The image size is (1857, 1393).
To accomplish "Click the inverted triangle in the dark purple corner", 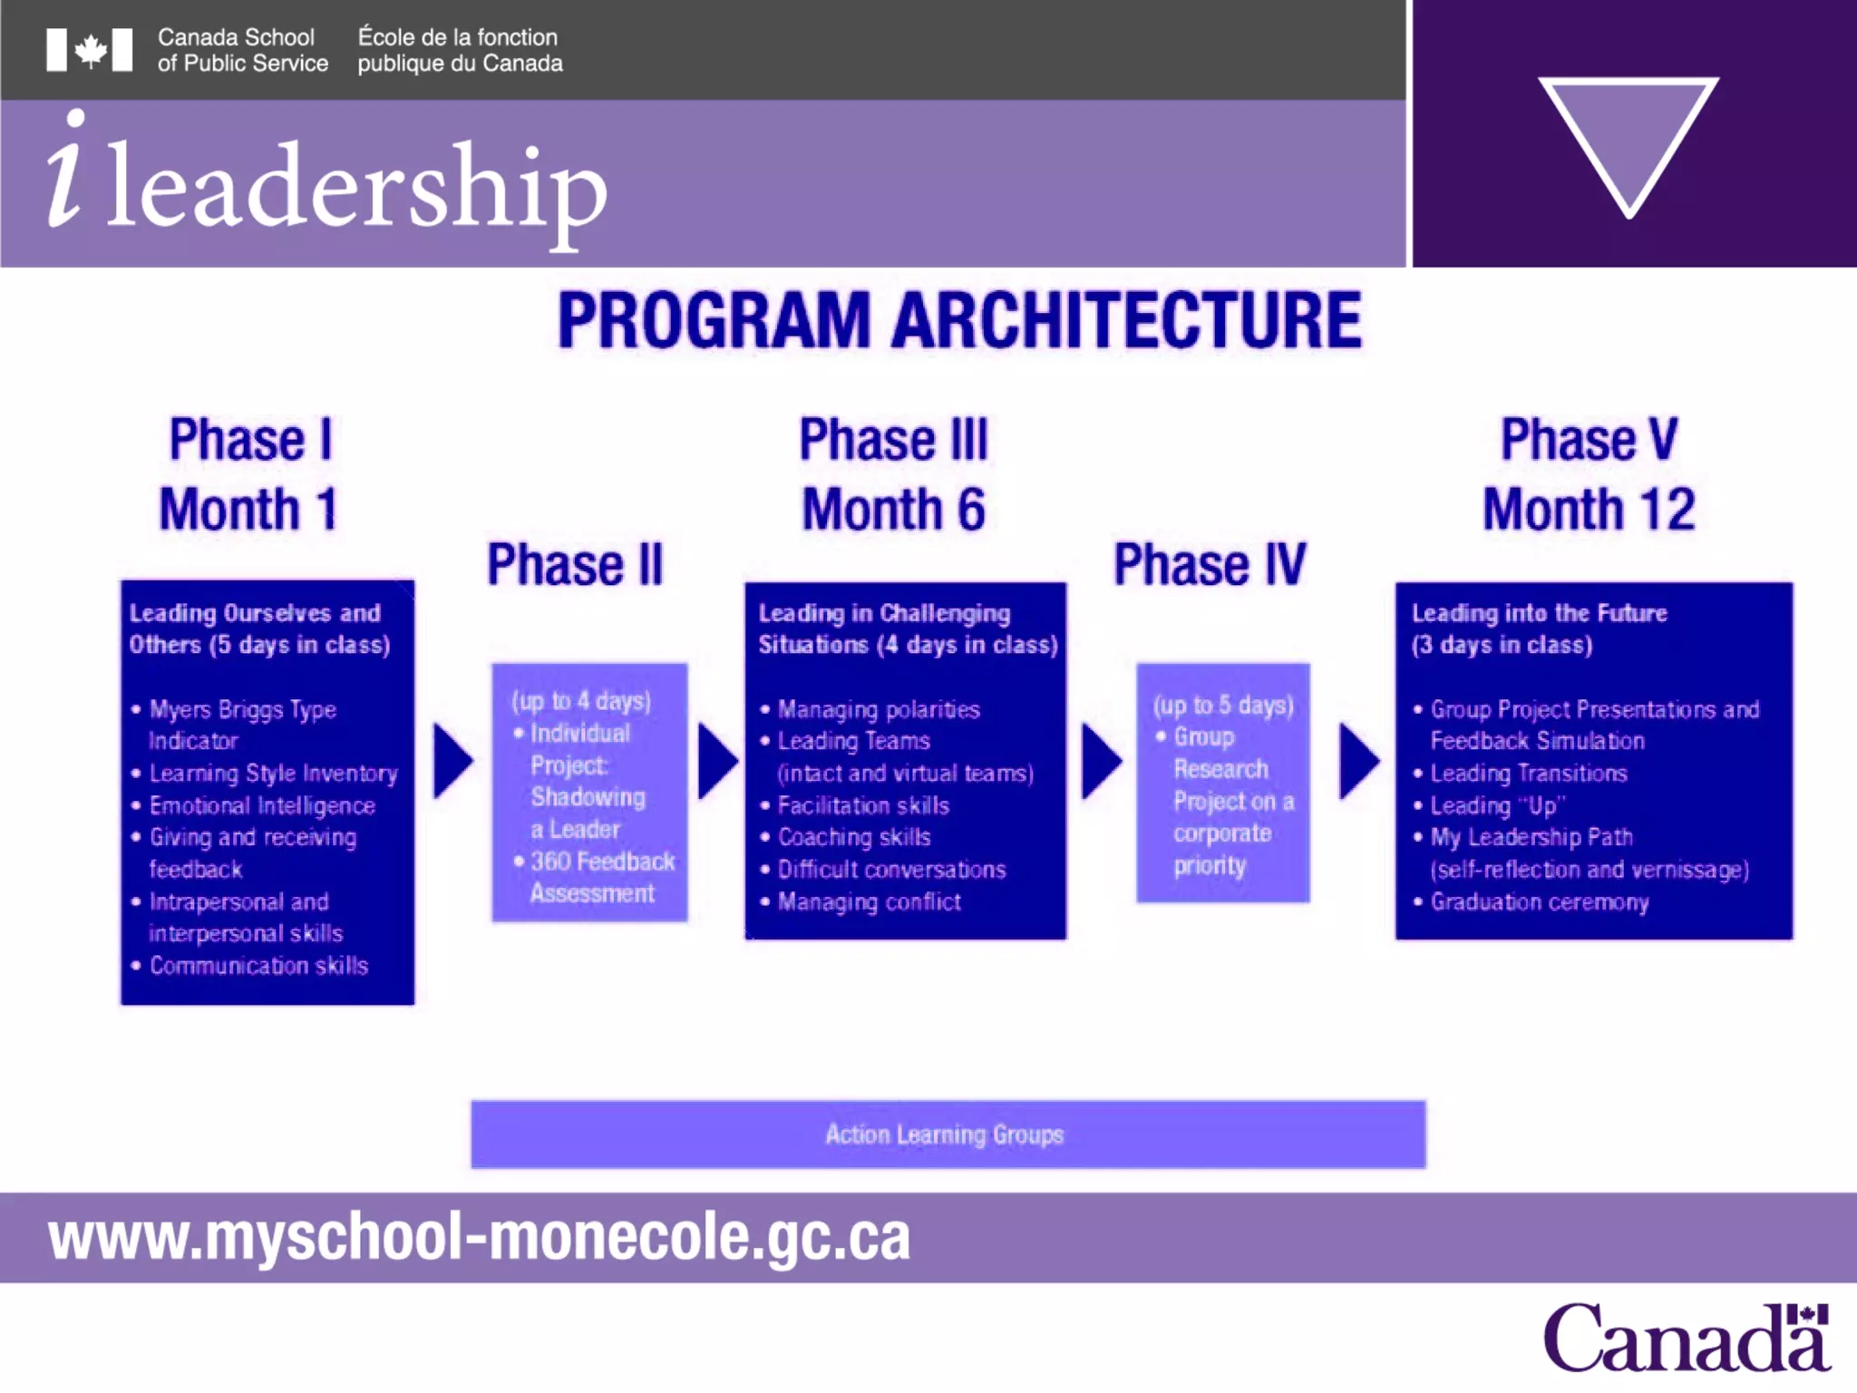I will (x=1629, y=136).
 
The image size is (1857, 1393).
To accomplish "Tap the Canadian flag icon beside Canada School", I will (x=90, y=50).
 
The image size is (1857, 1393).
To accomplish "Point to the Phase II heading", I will (x=575, y=565).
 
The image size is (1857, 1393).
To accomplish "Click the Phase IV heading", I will (x=1210, y=565).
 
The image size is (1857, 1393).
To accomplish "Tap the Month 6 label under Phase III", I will (x=893, y=509).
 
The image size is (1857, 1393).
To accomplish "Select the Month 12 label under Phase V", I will (x=1589, y=509).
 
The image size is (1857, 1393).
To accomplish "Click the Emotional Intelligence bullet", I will (x=262, y=805).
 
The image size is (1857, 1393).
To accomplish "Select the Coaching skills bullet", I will (x=853, y=837).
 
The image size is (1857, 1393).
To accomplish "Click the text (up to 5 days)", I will (x=1222, y=705).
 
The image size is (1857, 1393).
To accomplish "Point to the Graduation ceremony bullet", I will (x=1539, y=902).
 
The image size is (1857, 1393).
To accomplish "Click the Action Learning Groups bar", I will (x=948, y=1135).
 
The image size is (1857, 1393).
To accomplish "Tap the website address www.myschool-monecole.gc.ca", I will (x=479, y=1237).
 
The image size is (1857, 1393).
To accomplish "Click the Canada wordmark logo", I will (x=1686, y=1339).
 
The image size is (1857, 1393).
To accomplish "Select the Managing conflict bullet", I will (x=869, y=902).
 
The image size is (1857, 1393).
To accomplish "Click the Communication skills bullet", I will (x=258, y=966).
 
